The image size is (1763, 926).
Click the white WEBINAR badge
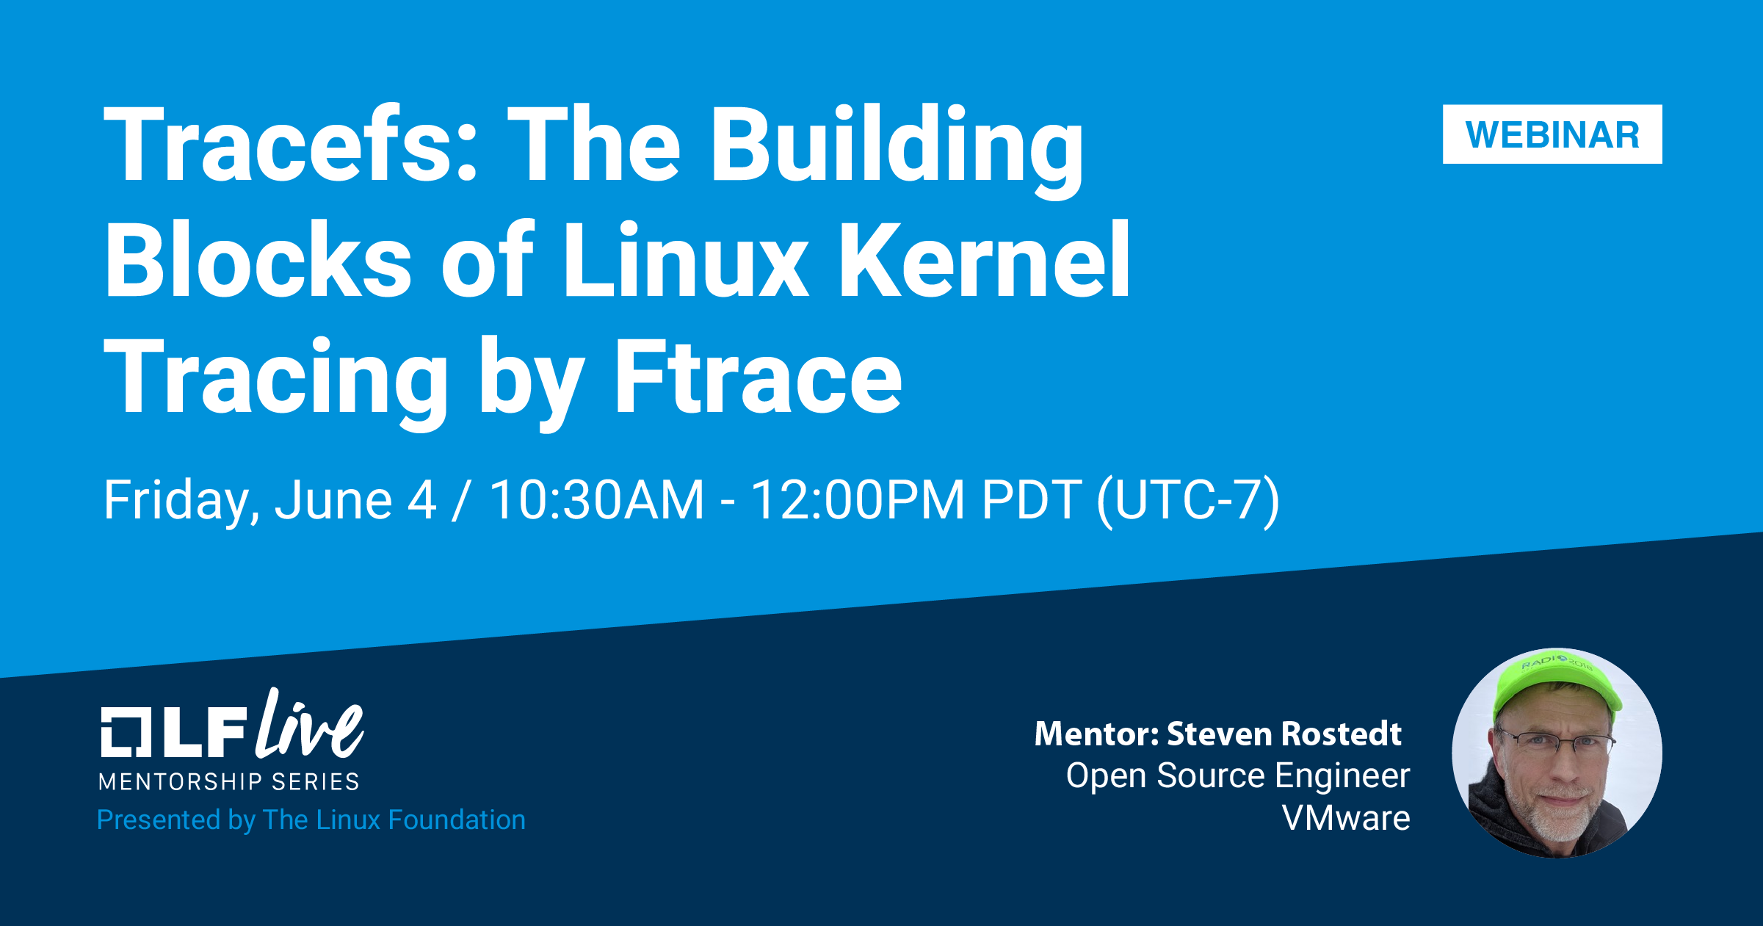[x=1552, y=134]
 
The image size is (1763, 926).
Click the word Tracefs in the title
[x=291, y=144]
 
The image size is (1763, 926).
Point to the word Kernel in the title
[x=984, y=261]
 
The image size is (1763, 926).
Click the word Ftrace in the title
[x=757, y=378]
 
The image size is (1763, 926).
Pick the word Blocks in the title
[x=258, y=261]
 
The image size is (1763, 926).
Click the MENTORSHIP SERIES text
[x=228, y=782]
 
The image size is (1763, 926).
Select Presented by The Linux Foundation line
[x=311, y=820]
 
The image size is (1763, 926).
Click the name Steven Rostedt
[x=1284, y=734]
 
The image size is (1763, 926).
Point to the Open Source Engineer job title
[x=1238, y=775]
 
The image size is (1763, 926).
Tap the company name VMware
[x=1346, y=818]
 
